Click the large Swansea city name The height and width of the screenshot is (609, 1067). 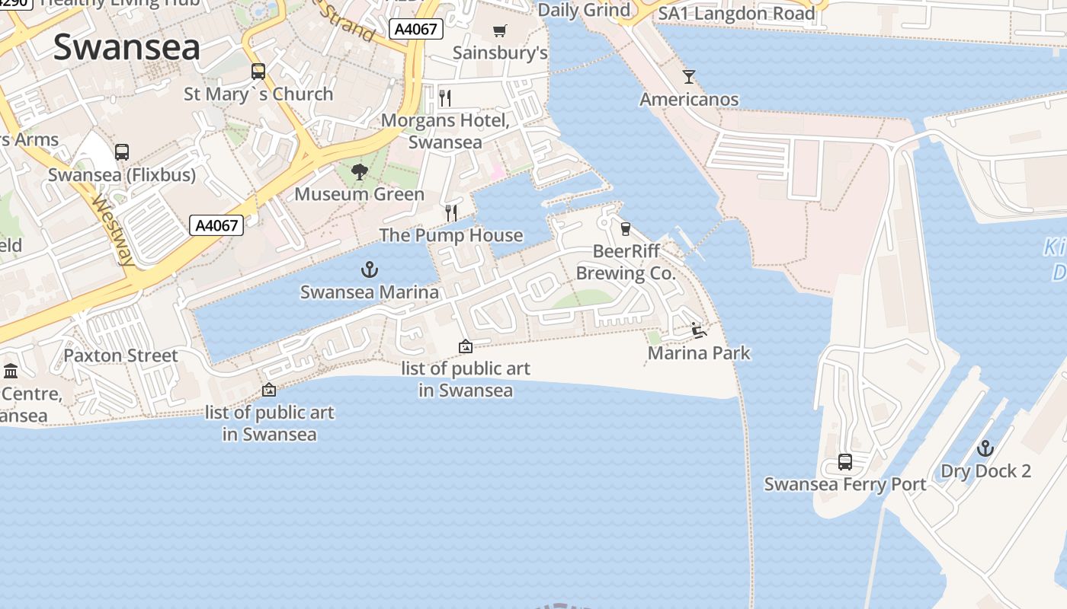(x=127, y=47)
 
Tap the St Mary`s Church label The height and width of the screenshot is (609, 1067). (x=258, y=94)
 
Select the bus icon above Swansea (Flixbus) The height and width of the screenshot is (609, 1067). (x=122, y=151)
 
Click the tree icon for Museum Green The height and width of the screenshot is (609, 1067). (x=360, y=172)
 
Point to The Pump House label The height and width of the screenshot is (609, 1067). (x=451, y=235)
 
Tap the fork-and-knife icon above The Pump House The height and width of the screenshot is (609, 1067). (x=451, y=212)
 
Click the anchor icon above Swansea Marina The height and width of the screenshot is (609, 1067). (x=370, y=269)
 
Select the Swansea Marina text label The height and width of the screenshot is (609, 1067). (x=370, y=292)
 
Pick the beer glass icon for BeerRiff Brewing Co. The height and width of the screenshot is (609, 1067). (x=626, y=228)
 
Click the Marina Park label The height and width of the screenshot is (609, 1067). (x=699, y=353)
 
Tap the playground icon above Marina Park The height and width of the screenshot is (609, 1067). (x=698, y=330)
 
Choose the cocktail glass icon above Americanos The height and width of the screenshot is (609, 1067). (x=689, y=76)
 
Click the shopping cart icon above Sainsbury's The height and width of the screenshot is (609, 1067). (x=500, y=31)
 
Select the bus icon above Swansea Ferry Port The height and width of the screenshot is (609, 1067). (x=845, y=461)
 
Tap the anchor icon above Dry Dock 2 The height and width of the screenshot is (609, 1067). (x=985, y=448)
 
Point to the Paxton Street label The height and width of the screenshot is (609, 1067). (x=120, y=356)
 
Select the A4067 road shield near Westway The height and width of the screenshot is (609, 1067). (x=216, y=225)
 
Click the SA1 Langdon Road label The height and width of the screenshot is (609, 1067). (x=736, y=13)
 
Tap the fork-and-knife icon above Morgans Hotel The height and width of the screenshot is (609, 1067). (x=446, y=97)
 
